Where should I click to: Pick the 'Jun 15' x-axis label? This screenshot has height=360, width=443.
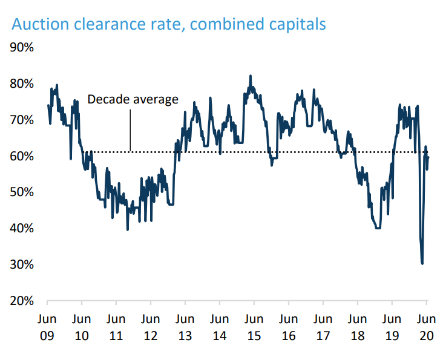pyautogui.click(x=254, y=326)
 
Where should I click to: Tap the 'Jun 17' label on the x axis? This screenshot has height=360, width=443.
pyautogui.click(x=323, y=326)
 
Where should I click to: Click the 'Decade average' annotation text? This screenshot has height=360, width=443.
pyautogui.click(x=133, y=99)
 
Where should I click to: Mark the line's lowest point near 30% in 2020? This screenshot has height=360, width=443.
pyautogui.click(x=422, y=263)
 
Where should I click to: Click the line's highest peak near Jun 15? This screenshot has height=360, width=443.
pyautogui.click(x=250, y=76)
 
